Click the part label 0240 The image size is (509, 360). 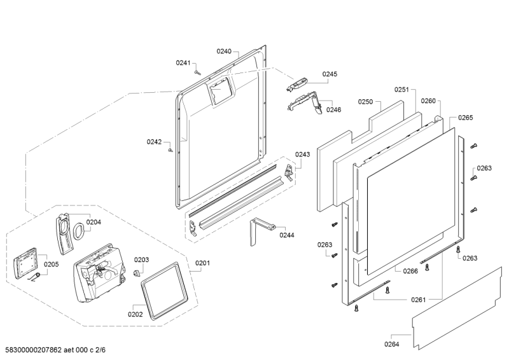224,51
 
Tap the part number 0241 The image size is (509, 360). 183,62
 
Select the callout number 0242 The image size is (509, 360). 154,142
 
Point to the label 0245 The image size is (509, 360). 330,74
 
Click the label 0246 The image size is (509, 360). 333,109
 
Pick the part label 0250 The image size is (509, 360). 365,101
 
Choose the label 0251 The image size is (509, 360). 401,90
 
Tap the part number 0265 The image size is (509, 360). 466,118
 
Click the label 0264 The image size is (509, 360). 391,345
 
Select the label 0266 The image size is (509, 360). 410,271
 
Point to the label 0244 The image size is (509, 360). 286,235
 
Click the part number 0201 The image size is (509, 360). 202,263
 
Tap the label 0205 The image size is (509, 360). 52,265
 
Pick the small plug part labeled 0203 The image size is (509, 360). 136,272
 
